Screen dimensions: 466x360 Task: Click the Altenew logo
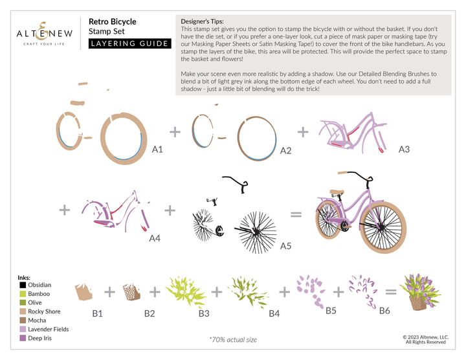[44, 34]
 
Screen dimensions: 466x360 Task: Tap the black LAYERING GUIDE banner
[130, 43]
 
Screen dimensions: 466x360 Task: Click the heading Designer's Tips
[202, 21]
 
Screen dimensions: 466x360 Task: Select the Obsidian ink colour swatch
[23, 285]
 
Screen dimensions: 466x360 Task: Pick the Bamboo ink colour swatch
[23, 294]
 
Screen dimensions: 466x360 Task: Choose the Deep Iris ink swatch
[23, 338]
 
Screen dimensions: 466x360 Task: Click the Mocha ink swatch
[23, 320]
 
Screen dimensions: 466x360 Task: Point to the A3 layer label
[404, 149]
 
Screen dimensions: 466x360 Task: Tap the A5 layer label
[285, 246]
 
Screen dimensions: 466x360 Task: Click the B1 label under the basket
[97, 313]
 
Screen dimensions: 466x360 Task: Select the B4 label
[274, 313]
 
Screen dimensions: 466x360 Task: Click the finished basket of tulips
[420, 292]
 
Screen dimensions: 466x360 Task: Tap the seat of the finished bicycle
[337, 192]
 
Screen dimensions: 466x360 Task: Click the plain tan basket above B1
[83, 292]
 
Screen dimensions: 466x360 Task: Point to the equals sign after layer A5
[296, 214]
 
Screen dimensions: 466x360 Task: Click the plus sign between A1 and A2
[175, 132]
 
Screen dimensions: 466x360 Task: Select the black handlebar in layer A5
[236, 184]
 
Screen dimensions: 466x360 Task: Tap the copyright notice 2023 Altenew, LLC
[426, 339]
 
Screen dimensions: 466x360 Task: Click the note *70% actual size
[233, 339]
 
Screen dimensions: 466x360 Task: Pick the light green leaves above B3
[186, 291]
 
